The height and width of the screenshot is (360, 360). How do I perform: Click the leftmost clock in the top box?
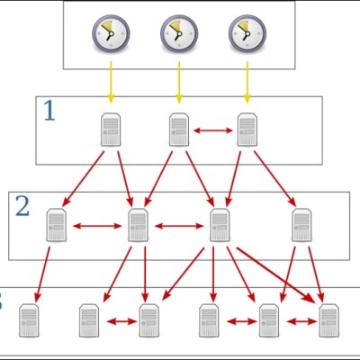(111, 32)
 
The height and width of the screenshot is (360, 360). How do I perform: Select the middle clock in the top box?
(179, 32)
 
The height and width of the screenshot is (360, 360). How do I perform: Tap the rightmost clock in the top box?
(247, 32)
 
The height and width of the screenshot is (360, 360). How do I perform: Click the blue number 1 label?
(49, 111)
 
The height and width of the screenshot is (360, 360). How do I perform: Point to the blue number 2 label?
(22, 206)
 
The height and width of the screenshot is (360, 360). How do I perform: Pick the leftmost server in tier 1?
(111, 130)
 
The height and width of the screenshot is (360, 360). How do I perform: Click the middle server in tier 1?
(179, 130)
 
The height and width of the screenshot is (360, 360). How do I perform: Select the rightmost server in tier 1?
(247, 130)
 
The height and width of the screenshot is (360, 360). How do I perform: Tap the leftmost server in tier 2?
(57, 225)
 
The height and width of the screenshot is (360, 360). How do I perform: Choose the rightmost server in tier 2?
(301, 225)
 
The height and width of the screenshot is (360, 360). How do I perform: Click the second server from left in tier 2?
(138, 225)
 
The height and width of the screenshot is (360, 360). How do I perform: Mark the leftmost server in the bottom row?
(29, 320)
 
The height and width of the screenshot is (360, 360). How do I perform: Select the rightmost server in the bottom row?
(329, 320)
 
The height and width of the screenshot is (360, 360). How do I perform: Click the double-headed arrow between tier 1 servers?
(213, 130)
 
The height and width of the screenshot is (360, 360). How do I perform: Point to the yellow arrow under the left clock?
(111, 83)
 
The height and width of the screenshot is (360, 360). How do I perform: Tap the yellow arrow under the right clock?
(247, 83)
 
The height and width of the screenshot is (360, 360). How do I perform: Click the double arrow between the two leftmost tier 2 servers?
(97, 226)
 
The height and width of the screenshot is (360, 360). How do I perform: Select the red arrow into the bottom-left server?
(43, 274)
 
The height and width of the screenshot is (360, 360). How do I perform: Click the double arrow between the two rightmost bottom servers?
(301, 321)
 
